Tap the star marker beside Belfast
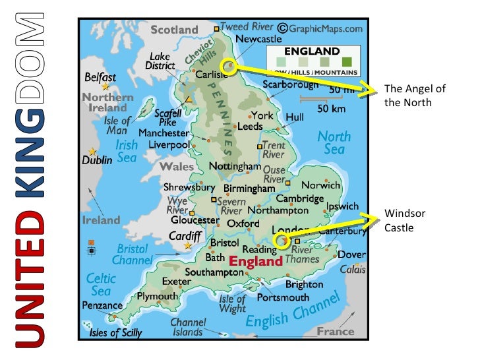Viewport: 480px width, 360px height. click(105, 86)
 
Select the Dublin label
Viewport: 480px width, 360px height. click(97, 160)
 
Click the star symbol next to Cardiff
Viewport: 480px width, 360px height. click(188, 245)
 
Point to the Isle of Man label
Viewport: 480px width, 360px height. click(117, 125)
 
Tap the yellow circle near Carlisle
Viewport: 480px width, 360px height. click(228, 66)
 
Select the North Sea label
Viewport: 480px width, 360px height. click(334, 142)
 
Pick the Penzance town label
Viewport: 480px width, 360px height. click(102, 305)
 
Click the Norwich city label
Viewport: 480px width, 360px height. click(320, 185)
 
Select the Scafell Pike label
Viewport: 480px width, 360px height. click(167, 117)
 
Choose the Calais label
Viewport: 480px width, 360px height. click(353, 270)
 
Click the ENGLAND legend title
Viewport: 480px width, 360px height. click(312, 51)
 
